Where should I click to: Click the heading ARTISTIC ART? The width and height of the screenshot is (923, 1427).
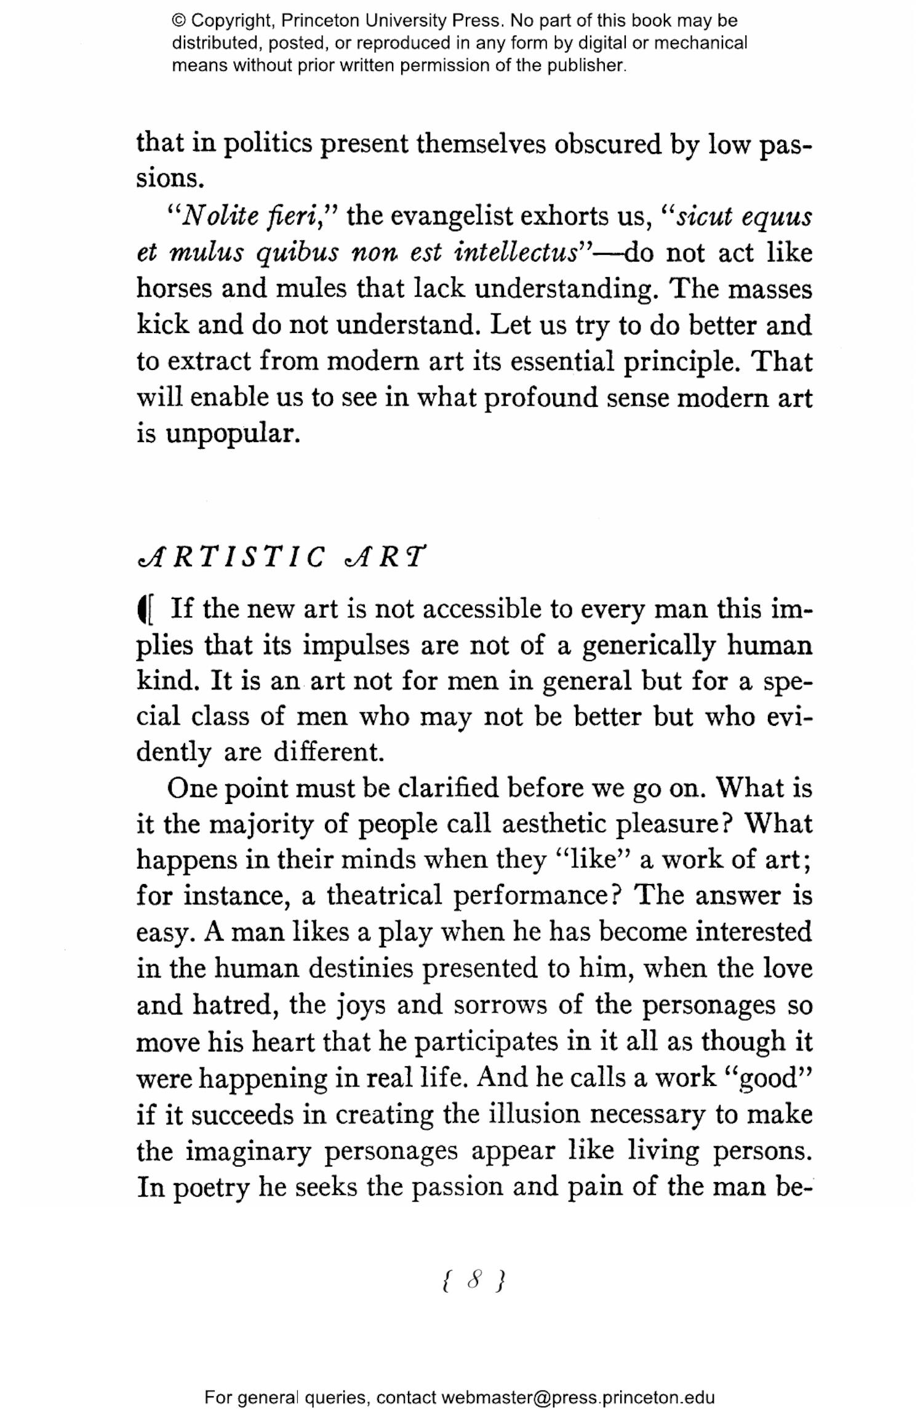(280, 557)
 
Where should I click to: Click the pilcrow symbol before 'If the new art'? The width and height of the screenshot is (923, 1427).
(146, 609)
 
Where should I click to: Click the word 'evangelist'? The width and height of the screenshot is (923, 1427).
(452, 217)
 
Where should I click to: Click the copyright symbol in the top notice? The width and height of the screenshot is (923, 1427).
(179, 21)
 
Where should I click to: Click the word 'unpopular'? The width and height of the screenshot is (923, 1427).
(233, 434)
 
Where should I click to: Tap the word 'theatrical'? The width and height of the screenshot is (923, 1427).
(384, 896)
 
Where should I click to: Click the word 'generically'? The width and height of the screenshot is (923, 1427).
(649, 646)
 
